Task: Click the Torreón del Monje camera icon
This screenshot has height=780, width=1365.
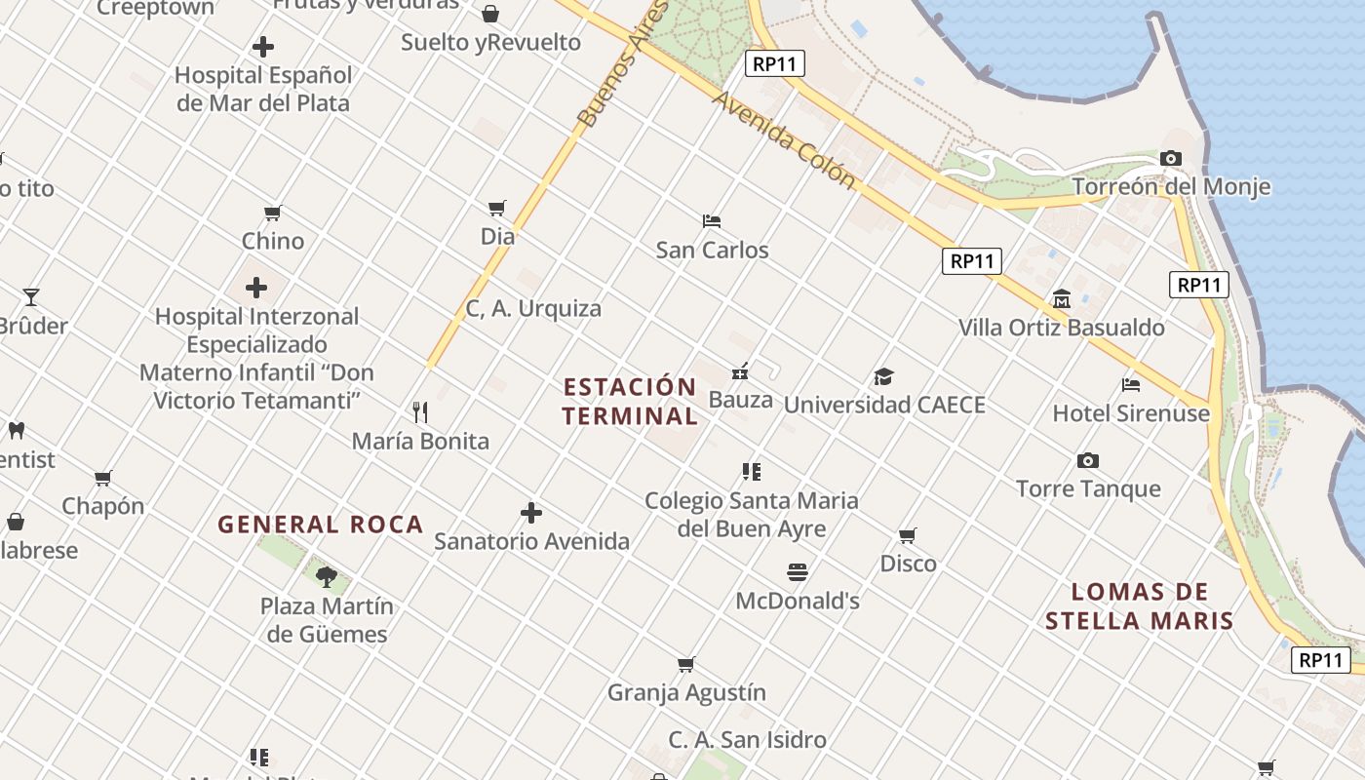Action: (1171, 158)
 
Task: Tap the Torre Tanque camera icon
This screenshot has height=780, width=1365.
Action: (1088, 460)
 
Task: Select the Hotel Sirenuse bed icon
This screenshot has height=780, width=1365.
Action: (1131, 385)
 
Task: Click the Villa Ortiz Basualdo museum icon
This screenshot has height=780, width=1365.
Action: (1062, 299)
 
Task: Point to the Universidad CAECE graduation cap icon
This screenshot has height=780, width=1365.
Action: (884, 376)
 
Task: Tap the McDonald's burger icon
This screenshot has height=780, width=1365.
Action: (798, 572)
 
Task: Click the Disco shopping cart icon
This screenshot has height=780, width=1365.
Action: (908, 535)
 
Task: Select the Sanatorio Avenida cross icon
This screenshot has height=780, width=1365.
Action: (531, 513)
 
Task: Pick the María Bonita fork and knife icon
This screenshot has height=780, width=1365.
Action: (420, 412)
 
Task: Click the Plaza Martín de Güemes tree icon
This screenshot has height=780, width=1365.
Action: (327, 577)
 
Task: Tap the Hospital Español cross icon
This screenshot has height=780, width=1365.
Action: (263, 47)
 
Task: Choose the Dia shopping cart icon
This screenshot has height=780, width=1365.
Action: (497, 208)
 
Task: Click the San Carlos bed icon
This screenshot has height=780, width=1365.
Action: (712, 221)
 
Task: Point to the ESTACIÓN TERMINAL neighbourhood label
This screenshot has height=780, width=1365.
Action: (631, 402)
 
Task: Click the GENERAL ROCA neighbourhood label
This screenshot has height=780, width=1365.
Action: (320, 525)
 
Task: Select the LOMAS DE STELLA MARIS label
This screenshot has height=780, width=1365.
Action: (1140, 606)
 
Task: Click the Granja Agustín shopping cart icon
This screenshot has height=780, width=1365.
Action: (686, 665)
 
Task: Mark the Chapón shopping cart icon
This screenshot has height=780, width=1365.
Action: (102, 478)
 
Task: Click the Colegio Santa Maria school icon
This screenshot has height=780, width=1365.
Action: (751, 472)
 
